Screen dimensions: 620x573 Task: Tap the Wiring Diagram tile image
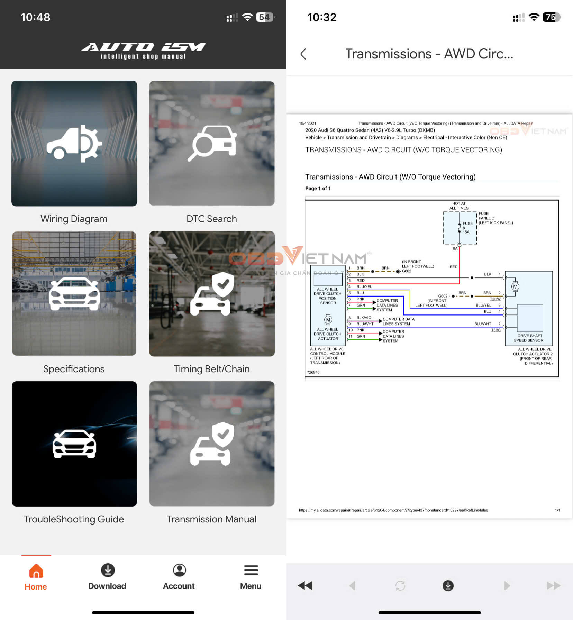coord(74,143)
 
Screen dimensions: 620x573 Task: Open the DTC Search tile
coord(212,143)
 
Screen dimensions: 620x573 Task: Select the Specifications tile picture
coord(74,293)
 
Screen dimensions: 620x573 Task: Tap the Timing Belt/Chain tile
coord(212,293)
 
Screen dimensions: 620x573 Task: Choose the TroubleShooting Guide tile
coord(74,444)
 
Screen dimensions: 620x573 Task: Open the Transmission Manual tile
coord(212,444)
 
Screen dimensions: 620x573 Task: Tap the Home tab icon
coord(36,571)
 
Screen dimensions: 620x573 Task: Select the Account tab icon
coord(179,570)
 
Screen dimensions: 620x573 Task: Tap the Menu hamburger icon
coord(251,570)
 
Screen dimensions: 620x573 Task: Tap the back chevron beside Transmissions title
coord(303,54)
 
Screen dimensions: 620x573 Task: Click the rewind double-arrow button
coord(305,585)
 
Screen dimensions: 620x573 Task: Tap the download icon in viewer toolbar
coord(448,585)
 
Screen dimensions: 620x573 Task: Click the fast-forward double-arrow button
coord(553,585)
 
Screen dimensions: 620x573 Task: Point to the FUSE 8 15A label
coord(467,228)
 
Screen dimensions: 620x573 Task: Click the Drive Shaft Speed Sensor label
coord(528,338)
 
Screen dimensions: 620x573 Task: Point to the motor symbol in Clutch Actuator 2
coord(515,286)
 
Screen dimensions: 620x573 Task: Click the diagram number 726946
coord(313,372)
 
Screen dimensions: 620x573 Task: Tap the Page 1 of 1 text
coord(318,189)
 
